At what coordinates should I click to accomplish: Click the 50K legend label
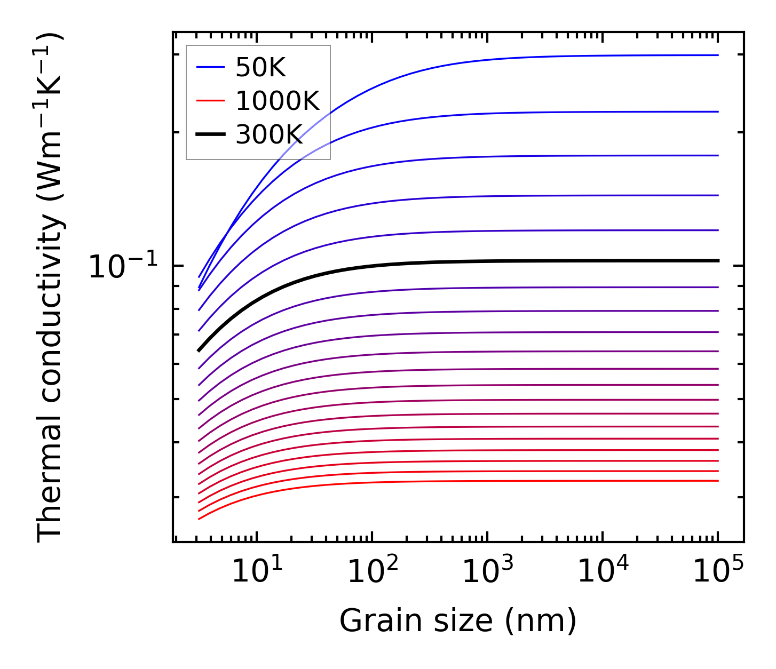coord(261,68)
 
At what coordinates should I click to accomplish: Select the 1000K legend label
coord(278,101)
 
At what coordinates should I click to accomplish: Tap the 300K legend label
coord(269,135)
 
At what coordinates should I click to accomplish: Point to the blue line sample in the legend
coord(211,67)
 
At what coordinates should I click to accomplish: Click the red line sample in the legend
coord(211,101)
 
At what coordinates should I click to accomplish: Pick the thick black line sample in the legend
coord(211,134)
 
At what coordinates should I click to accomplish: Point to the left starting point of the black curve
coord(199,351)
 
